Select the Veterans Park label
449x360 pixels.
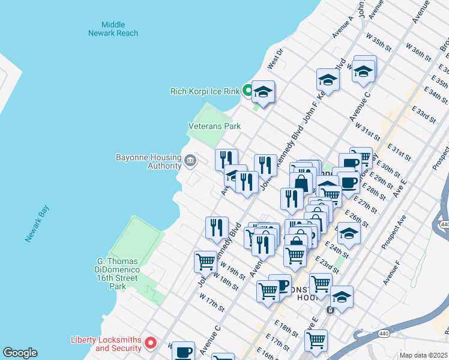pos(214,126)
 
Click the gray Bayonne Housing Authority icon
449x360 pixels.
pos(190,160)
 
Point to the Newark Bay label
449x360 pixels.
pos(37,224)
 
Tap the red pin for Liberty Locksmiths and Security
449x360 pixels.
pos(151,343)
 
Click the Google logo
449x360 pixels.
pos(20,353)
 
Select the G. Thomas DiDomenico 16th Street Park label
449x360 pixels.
pos(118,274)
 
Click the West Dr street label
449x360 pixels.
pos(274,60)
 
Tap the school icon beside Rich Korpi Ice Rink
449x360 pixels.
pos(263,92)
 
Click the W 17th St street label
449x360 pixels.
pos(212,303)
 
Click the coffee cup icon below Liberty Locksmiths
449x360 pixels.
pos(184,351)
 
